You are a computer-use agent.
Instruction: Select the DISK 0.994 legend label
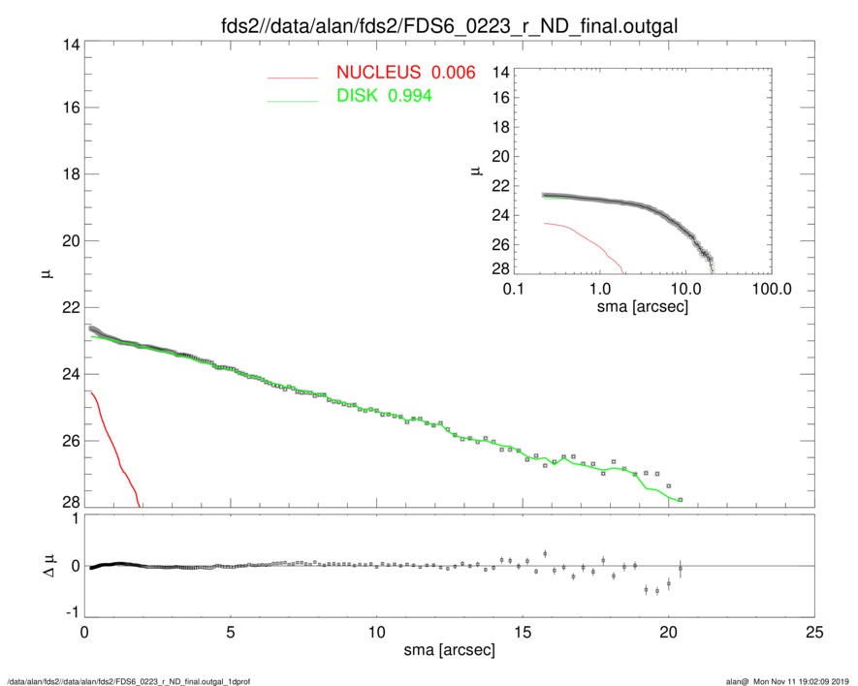(384, 96)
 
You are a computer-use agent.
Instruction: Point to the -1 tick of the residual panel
(69, 613)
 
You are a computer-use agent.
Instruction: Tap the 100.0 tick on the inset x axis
(770, 290)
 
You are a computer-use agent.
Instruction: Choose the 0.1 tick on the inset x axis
(514, 290)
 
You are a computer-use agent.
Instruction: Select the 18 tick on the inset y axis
(501, 128)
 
